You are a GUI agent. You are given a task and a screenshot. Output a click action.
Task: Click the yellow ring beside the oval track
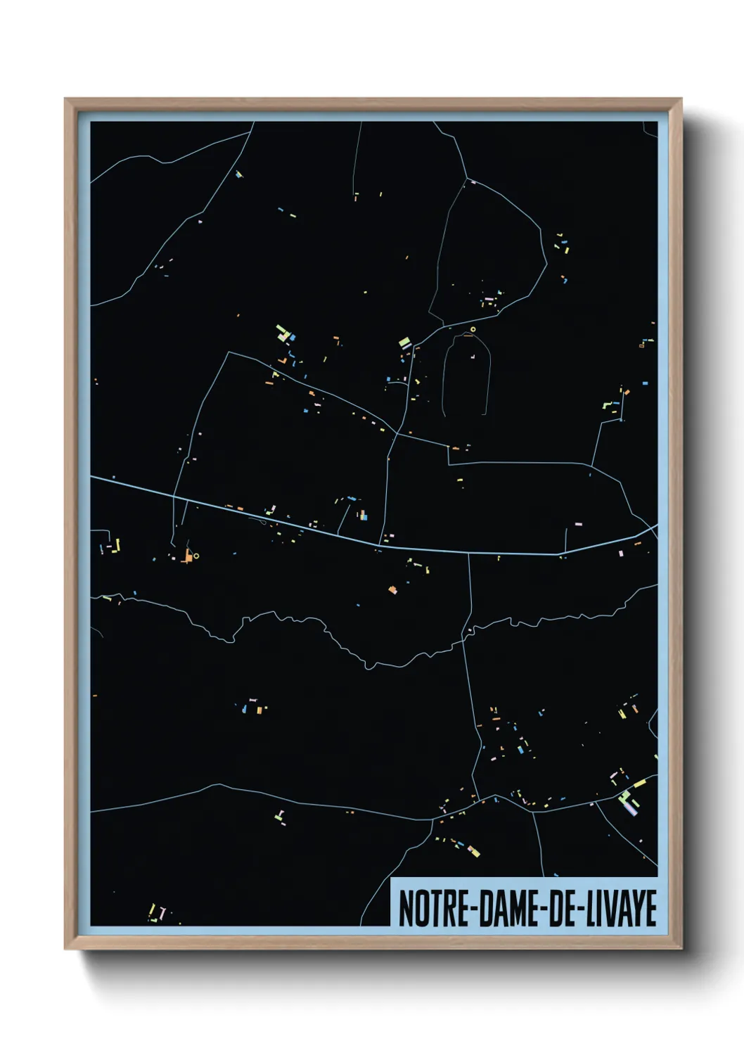click(473, 329)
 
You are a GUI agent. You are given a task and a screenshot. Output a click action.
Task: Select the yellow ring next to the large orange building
click(196, 556)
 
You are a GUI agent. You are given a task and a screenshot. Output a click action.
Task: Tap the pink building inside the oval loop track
click(473, 357)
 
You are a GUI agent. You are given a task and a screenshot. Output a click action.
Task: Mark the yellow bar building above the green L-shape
click(639, 783)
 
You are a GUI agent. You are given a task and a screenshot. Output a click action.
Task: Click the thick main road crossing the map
click(281, 520)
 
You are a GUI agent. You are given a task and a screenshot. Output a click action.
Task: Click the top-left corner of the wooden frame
click(66, 100)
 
